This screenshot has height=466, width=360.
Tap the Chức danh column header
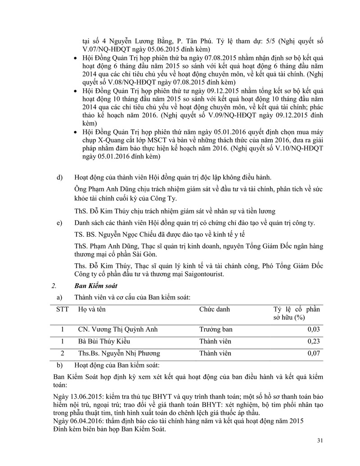point(214,309)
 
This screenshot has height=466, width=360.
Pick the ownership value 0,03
point(314,329)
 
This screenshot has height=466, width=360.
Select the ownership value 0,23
point(314,341)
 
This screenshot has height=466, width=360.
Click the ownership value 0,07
point(314,353)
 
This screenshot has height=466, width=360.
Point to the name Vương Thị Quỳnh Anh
point(124,329)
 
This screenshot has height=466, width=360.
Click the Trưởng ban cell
point(215,329)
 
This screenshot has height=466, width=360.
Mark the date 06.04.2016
point(84,421)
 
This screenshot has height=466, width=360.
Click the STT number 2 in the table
point(63,353)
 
